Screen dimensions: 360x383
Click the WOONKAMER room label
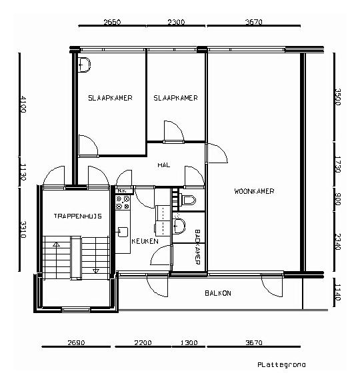pyautogui.click(x=254, y=191)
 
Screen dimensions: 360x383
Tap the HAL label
pyautogui.click(x=164, y=165)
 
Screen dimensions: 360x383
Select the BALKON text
pyautogui.click(x=218, y=293)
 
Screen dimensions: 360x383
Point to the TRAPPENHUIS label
pyautogui.click(x=78, y=216)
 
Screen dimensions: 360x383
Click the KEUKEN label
pyautogui.click(x=145, y=241)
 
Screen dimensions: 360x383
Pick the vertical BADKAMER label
pyautogui.click(x=197, y=247)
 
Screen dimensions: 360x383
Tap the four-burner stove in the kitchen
pyautogui.click(x=123, y=202)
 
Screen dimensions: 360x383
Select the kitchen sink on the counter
pyautogui.click(x=123, y=232)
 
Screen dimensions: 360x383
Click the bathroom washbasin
pyautogui.click(x=179, y=226)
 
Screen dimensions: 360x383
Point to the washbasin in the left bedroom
pyautogui.click(x=84, y=65)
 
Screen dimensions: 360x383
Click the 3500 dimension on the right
pyautogui.click(x=337, y=97)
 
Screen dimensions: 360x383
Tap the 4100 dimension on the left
pyautogui.click(x=23, y=105)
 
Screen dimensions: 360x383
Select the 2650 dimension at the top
pyautogui.click(x=112, y=22)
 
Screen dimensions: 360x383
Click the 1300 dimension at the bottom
pyautogui.click(x=189, y=342)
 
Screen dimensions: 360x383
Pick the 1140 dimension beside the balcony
pyautogui.click(x=337, y=292)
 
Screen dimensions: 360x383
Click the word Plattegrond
pyautogui.click(x=281, y=364)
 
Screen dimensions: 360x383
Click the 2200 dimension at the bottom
pyautogui.click(x=143, y=342)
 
